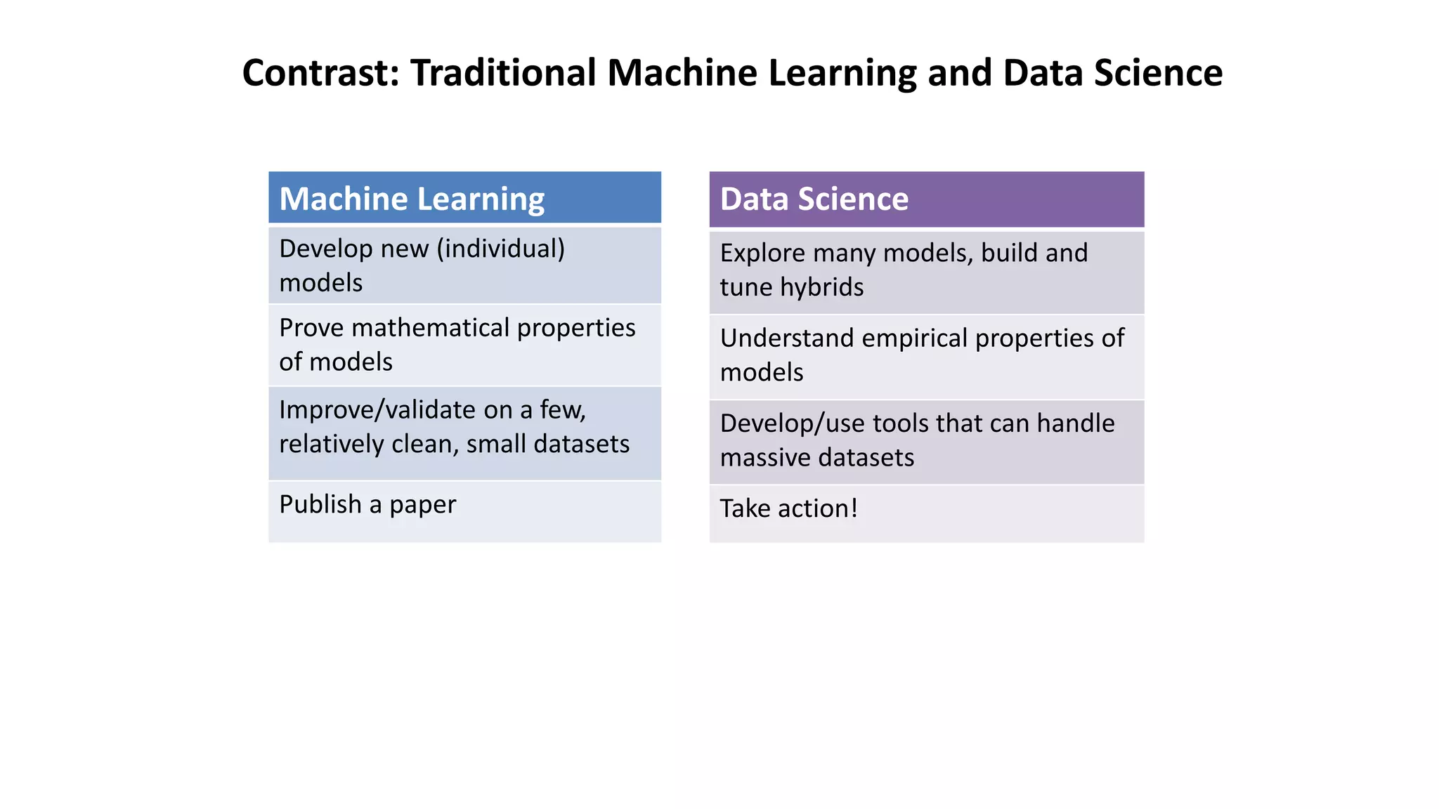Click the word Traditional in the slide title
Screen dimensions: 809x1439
coord(503,73)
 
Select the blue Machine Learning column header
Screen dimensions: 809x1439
coord(464,198)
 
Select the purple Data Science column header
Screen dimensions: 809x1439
coord(926,199)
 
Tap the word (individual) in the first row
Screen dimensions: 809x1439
coord(500,249)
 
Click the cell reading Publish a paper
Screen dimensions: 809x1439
coord(464,511)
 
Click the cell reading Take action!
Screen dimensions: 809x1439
coord(926,513)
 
